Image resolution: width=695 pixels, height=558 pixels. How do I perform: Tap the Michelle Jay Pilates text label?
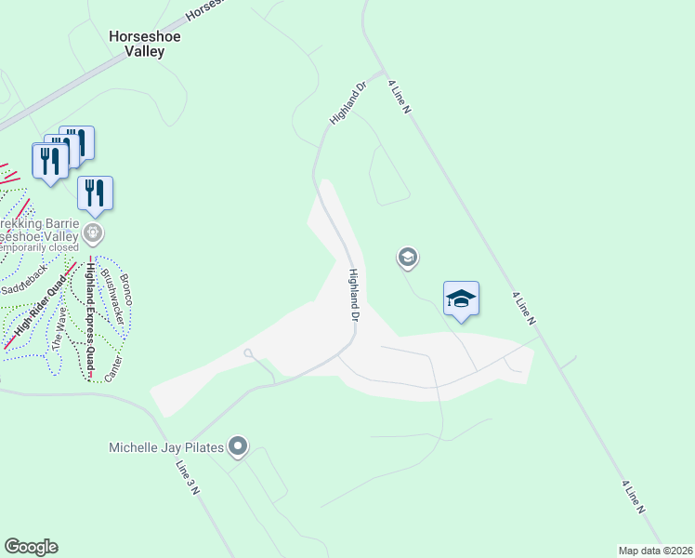(167, 448)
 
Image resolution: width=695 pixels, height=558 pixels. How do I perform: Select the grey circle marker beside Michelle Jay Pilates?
(239, 447)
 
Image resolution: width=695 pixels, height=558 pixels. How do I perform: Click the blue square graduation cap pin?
(461, 299)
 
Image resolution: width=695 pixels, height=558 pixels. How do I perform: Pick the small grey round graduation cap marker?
(406, 258)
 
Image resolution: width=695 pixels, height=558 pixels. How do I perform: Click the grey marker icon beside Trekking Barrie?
(92, 231)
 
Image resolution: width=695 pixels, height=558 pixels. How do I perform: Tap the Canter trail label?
(112, 366)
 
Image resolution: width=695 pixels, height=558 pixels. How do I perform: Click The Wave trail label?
(59, 328)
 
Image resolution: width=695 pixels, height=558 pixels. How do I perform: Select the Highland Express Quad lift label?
(90, 321)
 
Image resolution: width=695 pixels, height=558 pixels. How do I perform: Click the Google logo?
(31, 547)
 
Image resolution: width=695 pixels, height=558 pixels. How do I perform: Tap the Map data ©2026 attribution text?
(655, 551)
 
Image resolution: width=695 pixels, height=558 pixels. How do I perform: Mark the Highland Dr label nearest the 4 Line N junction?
(348, 102)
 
